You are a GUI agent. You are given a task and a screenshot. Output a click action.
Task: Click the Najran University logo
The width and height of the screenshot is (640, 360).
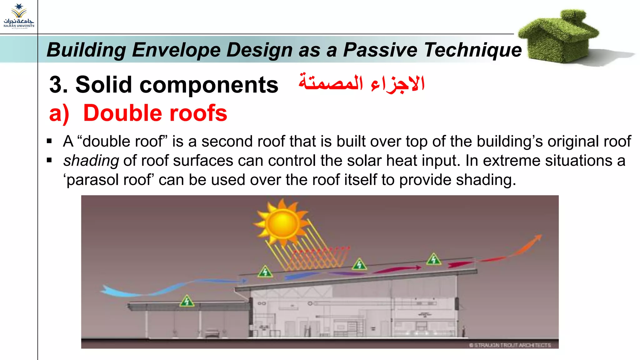(x=19, y=16)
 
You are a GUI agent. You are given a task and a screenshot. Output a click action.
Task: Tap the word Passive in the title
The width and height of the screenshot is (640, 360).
(x=380, y=50)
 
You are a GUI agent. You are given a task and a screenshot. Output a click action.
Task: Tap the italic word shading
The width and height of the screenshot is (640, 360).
(x=91, y=161)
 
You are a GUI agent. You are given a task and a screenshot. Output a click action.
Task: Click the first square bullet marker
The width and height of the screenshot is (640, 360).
(x=49, y=141)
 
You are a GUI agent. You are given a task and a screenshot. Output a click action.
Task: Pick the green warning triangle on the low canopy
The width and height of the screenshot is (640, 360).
(x=187, y=301)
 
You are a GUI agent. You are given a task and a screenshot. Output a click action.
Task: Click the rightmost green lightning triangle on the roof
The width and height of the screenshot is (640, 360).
(x=434, y=259)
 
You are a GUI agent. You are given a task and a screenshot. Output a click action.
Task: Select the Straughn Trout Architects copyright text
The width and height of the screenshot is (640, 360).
(x=510, y=345)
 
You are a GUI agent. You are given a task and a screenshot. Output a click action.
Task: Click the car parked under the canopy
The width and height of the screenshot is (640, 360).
(x=212, y=333)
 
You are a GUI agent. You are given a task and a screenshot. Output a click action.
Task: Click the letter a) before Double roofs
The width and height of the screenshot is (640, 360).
(x=59, y=113)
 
